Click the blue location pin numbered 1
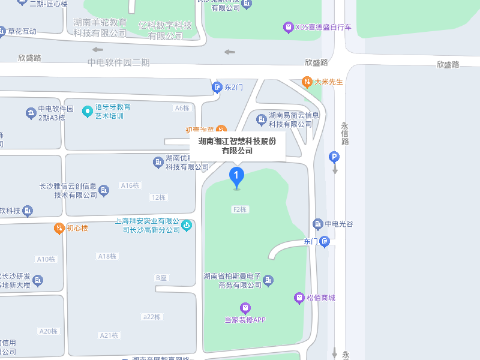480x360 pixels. click(x=237, y=176)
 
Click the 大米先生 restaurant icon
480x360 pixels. click(x=307, y=82)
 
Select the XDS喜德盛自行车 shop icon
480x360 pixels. click(x=288, y=27)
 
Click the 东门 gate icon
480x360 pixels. click(x=325, y=242)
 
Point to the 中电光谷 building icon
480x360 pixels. click(x=318, y=224)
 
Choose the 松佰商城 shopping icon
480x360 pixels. click(x=299, y=298)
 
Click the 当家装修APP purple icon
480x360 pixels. click(x=245, y=308)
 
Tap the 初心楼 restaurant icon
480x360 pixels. click(x=59, y=228)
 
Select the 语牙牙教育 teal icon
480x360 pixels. click(x=87, y=111)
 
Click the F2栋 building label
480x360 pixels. click(x=240, y=209)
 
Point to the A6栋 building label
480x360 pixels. click(x=182, y=108)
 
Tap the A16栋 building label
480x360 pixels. click(x=130, y=185)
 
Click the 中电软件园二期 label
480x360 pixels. click(x=118, y=62)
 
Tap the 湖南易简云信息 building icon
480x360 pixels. click(x=261, y=119)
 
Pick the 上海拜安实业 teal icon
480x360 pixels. click(x=187, y=226)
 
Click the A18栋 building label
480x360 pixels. click(x=107, y=256)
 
